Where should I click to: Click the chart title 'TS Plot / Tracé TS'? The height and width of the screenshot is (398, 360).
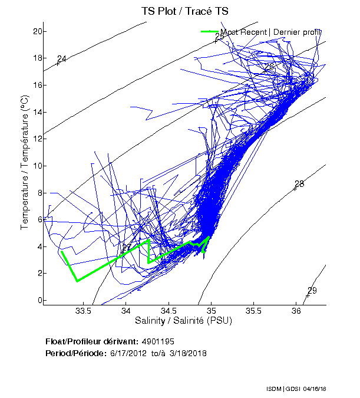[184, 11]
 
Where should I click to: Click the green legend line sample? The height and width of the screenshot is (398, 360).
[210, 32]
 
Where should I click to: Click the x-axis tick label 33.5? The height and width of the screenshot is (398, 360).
[83, 311]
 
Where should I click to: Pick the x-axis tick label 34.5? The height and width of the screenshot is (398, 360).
[169, 311]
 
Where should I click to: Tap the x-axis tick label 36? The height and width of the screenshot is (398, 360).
[296, 311]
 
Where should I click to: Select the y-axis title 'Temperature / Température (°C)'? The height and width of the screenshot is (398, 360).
[25, 163]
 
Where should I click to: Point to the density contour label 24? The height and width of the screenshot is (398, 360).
[62, 58]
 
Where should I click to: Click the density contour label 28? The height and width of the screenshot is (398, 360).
[299, 184]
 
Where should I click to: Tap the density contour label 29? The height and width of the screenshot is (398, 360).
[312, 290]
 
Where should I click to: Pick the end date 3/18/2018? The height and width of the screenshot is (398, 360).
[187, 353]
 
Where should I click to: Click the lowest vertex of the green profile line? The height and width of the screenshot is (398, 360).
[77, 281]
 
